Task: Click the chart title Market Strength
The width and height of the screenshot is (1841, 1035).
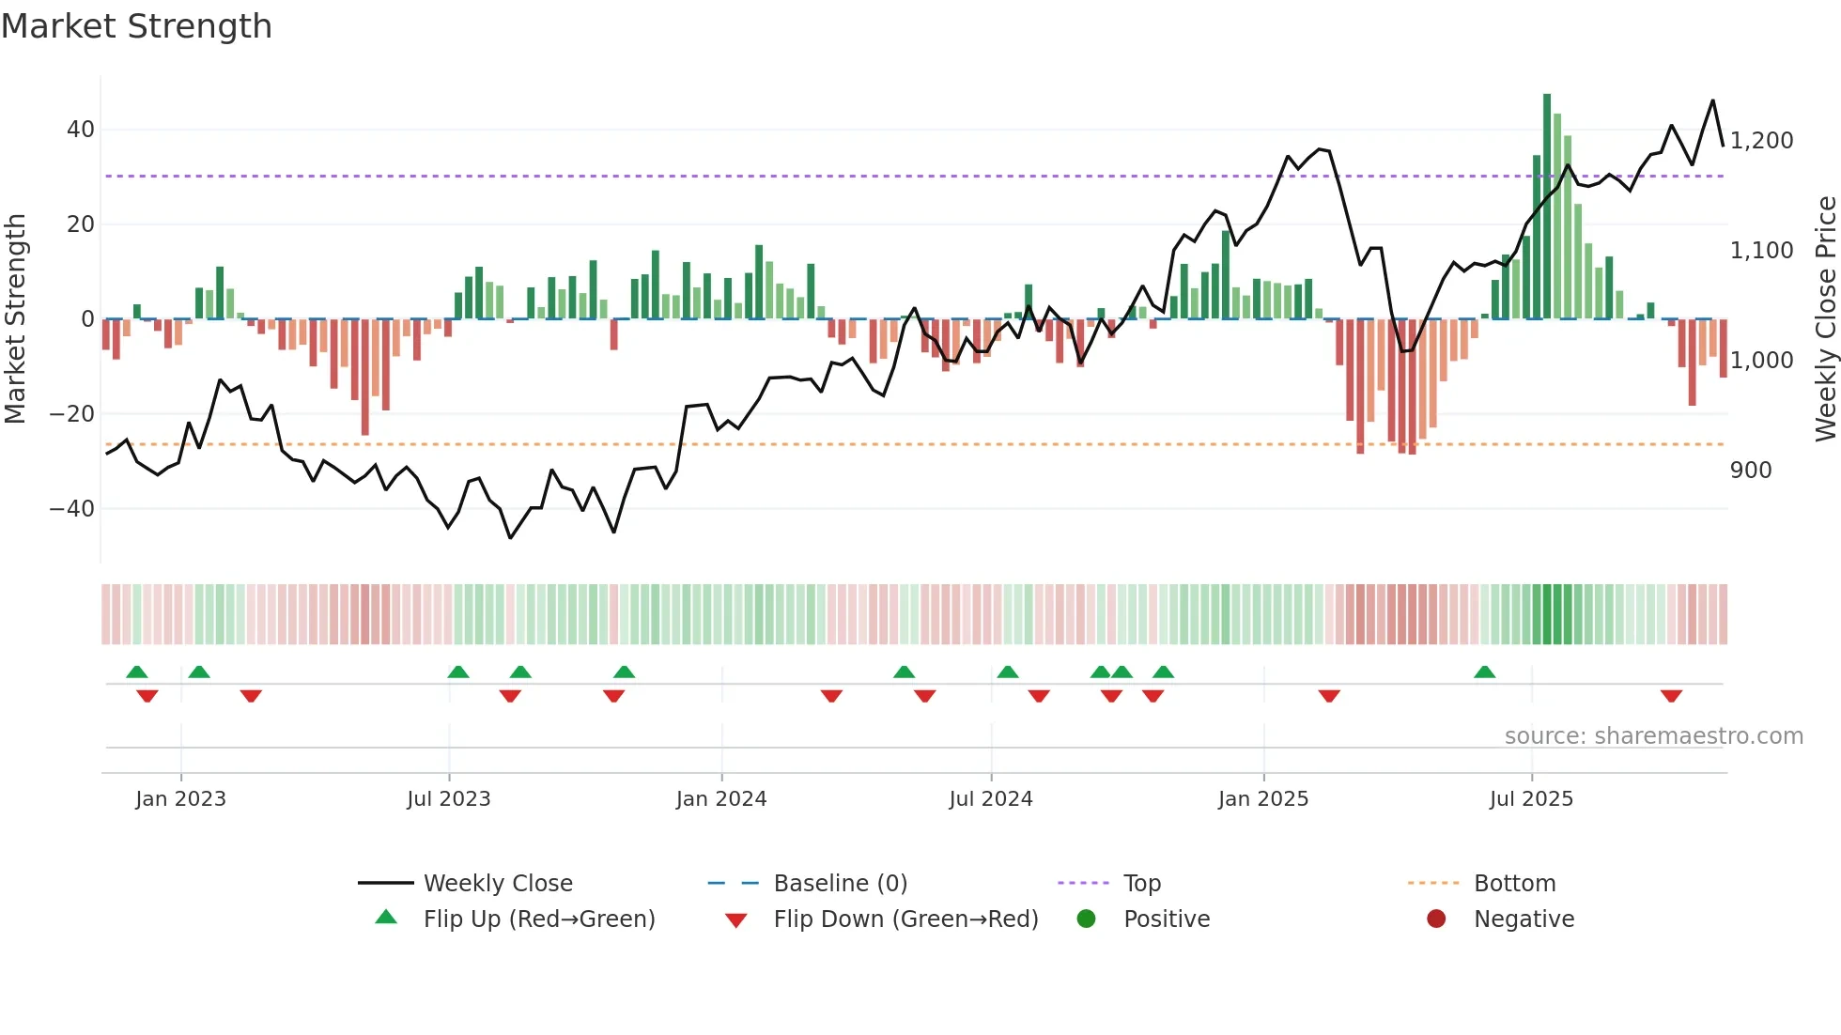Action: click(x=136, y=26)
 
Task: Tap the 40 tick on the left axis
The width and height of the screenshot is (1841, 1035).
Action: click(x=81, y=130)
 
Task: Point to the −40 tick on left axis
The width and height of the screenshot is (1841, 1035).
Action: click(x=72, y=509)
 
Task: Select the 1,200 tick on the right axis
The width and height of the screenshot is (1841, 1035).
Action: click(x=1761, y=141)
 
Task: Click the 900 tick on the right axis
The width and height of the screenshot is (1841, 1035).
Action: click(x=1751, y=471)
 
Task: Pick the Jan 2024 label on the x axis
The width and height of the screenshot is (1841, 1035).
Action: click(x=721, y=799)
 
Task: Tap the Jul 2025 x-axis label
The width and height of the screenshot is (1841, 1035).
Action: click(x=1531, y=799)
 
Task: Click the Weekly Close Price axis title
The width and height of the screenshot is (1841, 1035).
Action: click(x=1825, y=319)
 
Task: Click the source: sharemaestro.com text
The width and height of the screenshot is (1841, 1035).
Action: click(x=1653, y=736)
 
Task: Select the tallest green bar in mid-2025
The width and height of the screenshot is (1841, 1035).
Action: click(x=1547, y=207)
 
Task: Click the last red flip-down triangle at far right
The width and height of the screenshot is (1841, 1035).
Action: click(x=1671, y=696)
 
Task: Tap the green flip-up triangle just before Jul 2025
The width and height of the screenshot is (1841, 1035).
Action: click(x=1485, y=672)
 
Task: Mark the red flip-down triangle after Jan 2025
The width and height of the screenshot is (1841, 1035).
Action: click(x=1329, y=696)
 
